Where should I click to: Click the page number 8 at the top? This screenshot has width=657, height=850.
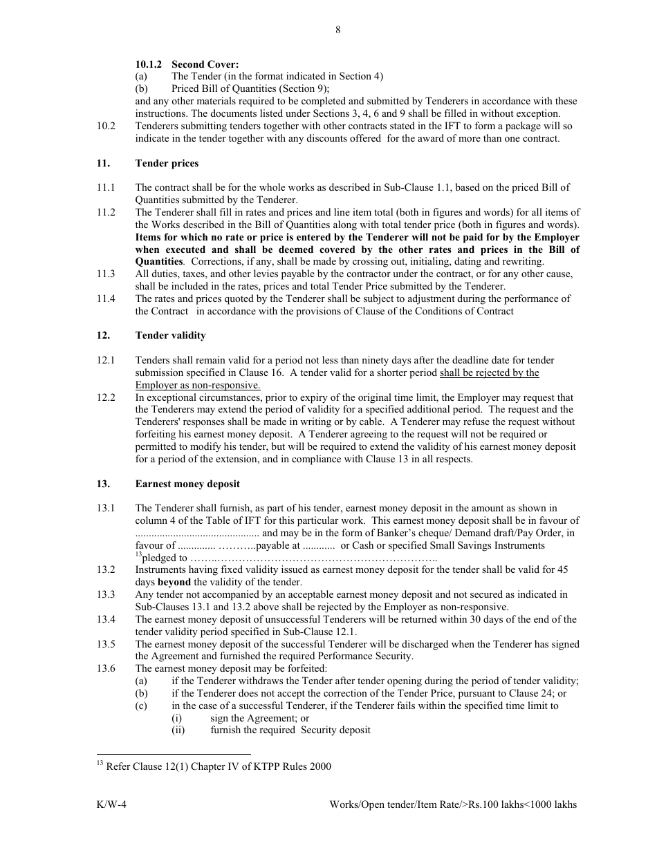(337, 29)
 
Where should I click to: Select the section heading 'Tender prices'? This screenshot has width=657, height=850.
(167, 163)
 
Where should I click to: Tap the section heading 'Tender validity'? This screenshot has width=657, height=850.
(170, 335)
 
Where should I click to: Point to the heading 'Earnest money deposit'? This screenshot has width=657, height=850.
(187, 484)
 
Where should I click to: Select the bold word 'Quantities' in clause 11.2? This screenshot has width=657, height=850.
(159, 261)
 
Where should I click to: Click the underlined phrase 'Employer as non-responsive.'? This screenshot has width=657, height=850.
(197, 385)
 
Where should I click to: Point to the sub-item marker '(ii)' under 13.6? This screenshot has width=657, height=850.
(178, 730)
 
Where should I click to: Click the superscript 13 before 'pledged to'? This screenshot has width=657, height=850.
(138, 555)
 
